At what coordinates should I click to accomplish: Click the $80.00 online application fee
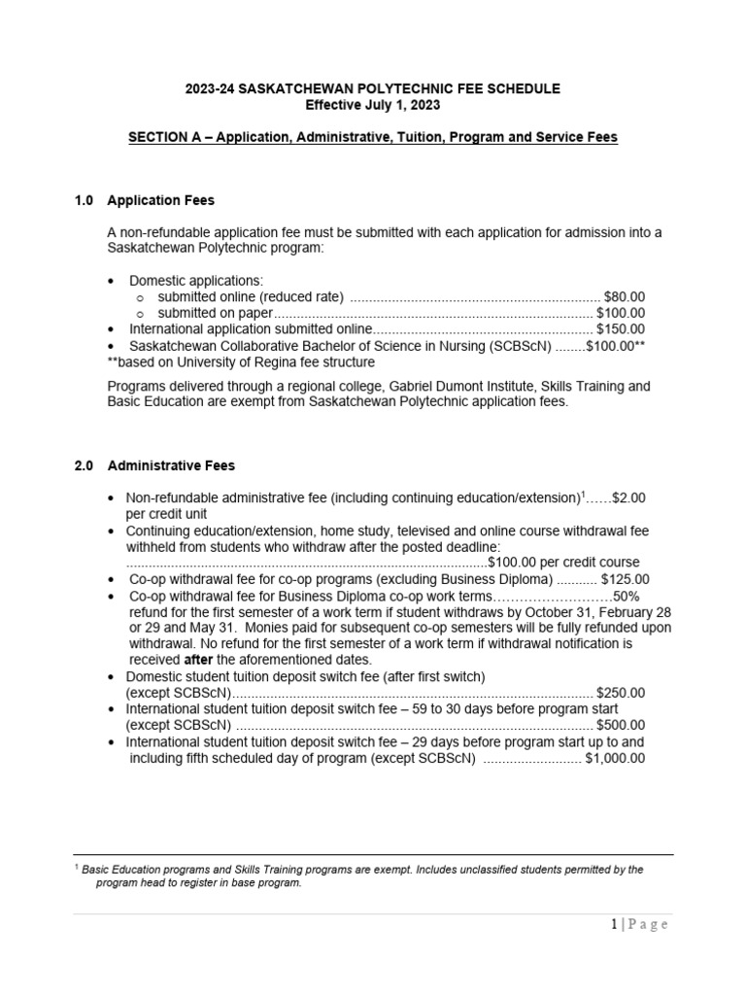[x=624, y=296]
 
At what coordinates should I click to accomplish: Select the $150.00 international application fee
[x=620, y=329]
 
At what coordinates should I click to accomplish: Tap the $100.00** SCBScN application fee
[x=615, y=346]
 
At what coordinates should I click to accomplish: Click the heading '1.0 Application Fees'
[x=145, y=200]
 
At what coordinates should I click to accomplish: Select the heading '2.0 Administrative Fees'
[x=154, y=465]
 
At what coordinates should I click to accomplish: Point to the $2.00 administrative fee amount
[x=628, y=497]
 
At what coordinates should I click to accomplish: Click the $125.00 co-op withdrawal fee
[x=624, y=579]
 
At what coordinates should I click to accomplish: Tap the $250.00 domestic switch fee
[x=620, y=693]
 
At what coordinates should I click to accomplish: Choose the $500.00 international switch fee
[x=620, y=726]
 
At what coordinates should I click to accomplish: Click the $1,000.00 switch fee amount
[x=614, y=759]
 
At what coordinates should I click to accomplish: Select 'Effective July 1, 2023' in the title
[x=373, y=105]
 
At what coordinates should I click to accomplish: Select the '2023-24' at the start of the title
[x=209, y=88]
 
